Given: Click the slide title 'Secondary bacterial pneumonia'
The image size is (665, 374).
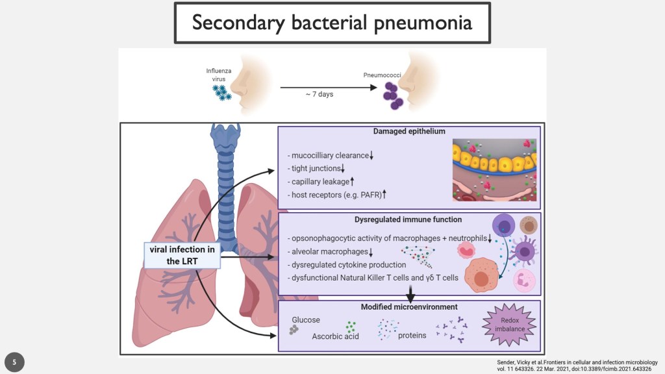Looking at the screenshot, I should coord(332,23).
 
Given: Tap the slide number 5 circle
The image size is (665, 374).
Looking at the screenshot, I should coord(14,362).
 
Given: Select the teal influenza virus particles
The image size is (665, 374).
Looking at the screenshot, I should coord(223,93).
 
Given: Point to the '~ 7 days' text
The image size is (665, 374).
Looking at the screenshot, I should coord(320,95).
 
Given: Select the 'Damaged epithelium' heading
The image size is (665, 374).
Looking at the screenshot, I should coord(409,131).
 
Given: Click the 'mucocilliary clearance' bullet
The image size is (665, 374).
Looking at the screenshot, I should coord(331,156).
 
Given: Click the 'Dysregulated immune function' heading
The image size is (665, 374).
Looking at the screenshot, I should coord(409,219).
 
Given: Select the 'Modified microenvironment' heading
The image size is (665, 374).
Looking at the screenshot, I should coord(409,306).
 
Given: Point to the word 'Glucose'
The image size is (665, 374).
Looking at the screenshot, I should coord(306,320).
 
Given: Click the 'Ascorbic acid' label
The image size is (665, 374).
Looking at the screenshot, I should coord(336,336).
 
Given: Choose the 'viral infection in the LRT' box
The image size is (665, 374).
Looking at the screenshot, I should coord(181,255).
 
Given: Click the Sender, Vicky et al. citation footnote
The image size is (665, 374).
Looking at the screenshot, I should coord(573,365).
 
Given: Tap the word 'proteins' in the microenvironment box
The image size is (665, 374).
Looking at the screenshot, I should coord(412,336).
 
